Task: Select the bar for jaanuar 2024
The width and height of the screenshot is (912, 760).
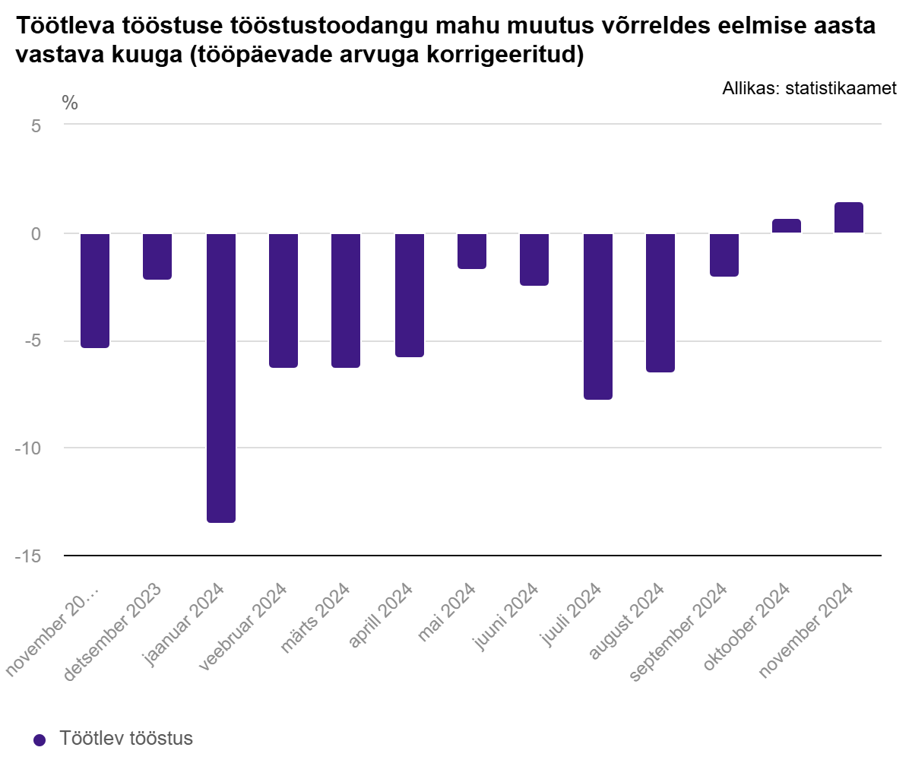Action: point(221,378)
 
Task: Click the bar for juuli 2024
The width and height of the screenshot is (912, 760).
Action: point(598,316)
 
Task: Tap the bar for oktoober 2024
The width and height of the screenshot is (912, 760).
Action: point(786,226)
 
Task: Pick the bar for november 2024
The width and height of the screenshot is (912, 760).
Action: point(849,217)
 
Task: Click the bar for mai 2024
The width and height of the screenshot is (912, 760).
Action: point(472,251)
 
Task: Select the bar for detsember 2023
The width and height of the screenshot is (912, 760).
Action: point(157,256)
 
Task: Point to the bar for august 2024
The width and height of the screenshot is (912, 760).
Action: point(660,302)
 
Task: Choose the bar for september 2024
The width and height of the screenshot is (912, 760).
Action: point(724,255)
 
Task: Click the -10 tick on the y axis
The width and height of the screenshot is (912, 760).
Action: point(28,448)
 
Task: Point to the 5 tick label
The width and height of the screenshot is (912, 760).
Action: point(36,126)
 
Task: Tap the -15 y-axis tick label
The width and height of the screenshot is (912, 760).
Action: point(28,556)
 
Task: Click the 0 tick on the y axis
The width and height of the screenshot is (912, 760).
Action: point(36,234)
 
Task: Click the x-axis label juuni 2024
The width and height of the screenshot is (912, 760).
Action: point(505,616)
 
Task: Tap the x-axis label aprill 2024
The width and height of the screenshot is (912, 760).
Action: point(380,615)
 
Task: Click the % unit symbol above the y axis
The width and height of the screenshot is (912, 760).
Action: point(70,103)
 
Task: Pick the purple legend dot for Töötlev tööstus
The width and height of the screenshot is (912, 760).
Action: point(40,740)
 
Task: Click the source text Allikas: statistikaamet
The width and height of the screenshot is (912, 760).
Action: point(809,88)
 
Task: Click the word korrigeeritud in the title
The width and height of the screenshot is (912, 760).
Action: point(505,55)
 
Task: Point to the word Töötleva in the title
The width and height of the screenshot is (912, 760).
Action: point(66,25)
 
